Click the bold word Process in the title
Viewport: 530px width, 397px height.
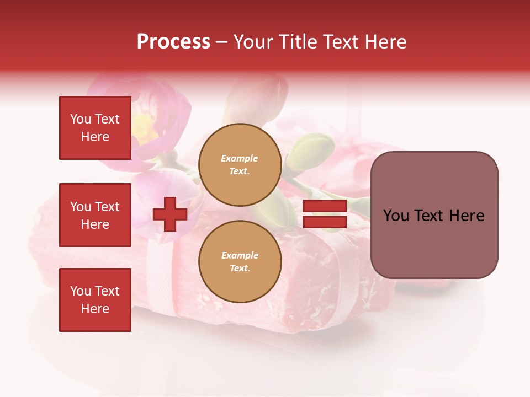point(173,42)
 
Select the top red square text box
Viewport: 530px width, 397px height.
point(95,128)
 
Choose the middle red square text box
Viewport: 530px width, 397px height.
point(95,215)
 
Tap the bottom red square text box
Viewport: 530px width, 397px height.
point(95,300)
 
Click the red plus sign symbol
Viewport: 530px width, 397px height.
point(170,214)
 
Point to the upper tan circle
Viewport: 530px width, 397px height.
point(240,165)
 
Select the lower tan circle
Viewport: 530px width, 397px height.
point(240,262)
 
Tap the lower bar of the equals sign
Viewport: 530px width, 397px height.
point(325,222)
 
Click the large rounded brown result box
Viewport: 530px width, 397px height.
point(434,215)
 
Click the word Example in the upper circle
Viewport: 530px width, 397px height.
point(239,158)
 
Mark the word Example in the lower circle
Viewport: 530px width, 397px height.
point(240,255)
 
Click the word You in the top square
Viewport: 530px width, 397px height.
point(80,119)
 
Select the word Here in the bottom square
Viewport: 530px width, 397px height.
point(95,309)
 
